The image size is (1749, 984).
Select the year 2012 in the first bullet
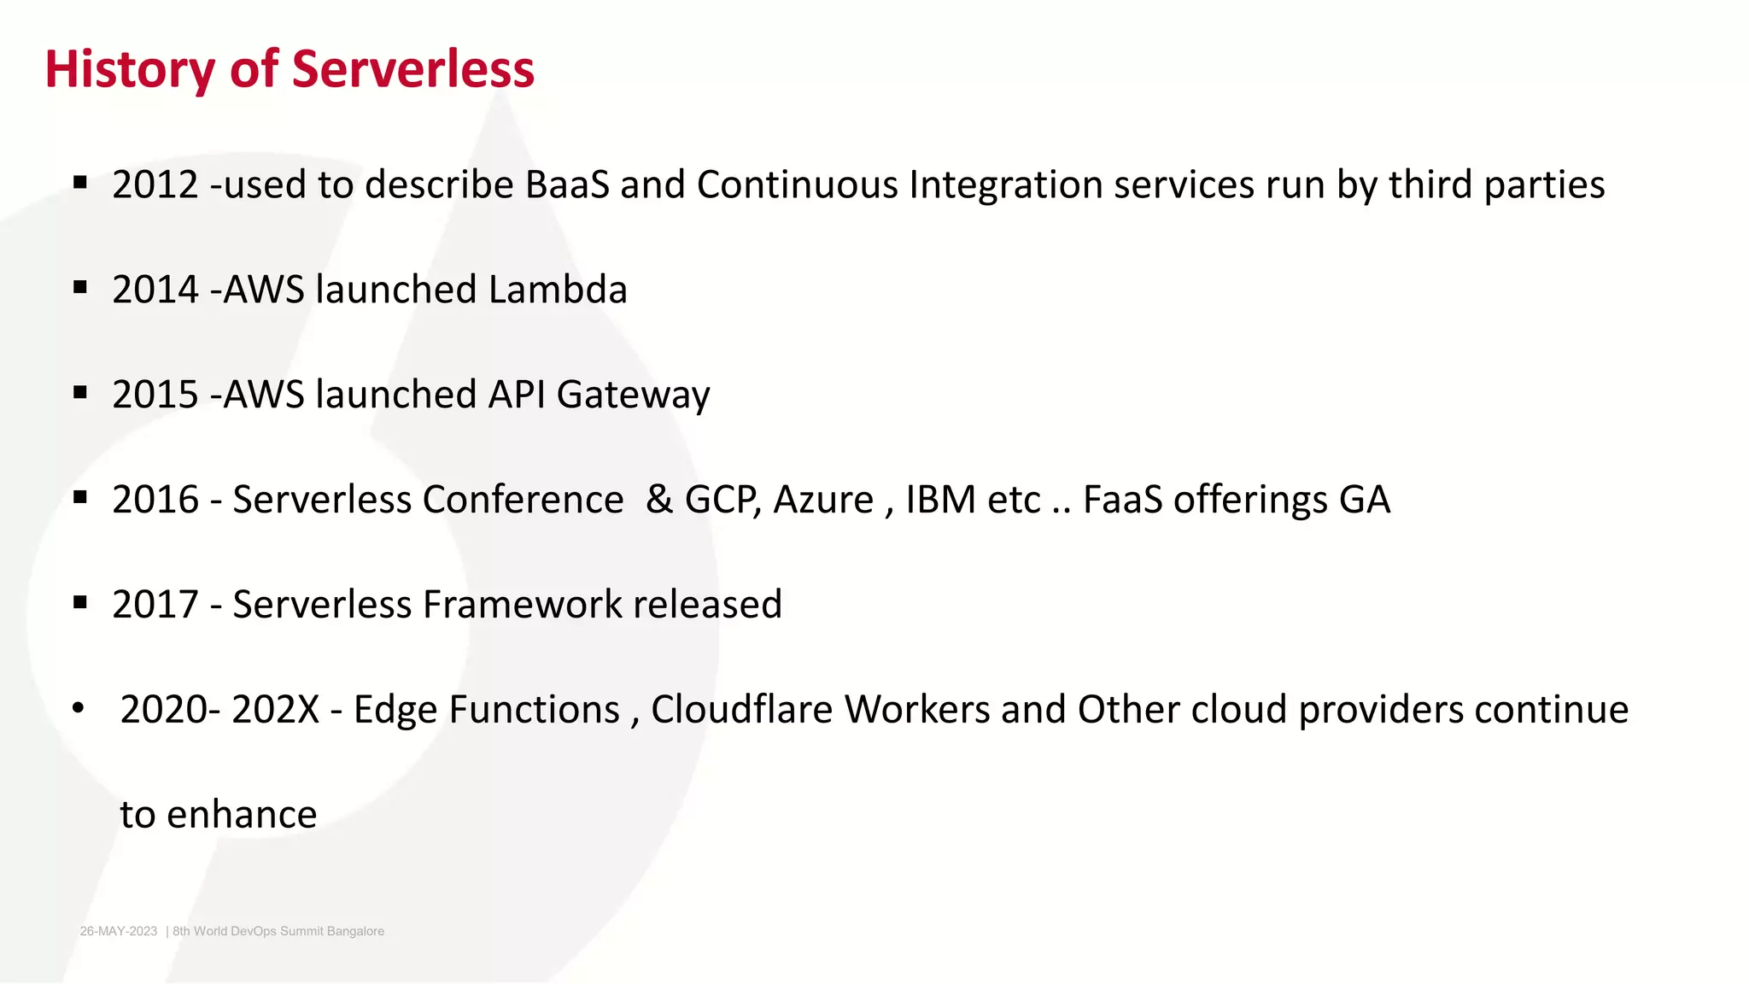(155, 185)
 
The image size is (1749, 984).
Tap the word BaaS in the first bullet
(567, 185)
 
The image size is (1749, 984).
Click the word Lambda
(558, 290)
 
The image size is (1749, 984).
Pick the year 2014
(155, 290)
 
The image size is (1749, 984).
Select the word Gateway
(633, 395)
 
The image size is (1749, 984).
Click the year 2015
(155, 395)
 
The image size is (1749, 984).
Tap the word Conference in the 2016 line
(523, 501)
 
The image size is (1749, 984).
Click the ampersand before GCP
(659, 501)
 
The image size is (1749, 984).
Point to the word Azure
(823, 501)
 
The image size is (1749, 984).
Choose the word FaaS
(1122, 501)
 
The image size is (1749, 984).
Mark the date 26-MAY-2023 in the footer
(119, 931)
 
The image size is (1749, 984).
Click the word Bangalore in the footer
(355, 931)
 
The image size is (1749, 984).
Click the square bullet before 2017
(80, 603)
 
